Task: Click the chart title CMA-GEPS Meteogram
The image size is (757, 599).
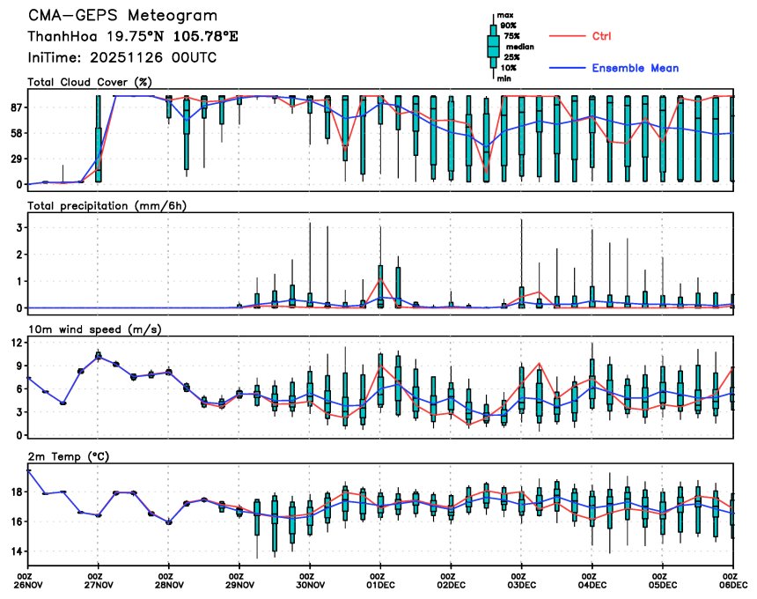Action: [122, 16]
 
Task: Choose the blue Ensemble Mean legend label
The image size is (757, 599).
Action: [635, 68]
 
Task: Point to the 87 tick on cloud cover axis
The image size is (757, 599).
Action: [15, 107]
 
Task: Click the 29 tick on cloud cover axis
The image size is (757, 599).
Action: [15, 159]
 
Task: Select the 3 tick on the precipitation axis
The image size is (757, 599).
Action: [18, 227]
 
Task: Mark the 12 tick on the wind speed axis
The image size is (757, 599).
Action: [15, 342]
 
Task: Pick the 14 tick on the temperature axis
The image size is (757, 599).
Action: [15, 551]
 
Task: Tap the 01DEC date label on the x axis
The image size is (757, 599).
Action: [380, 583]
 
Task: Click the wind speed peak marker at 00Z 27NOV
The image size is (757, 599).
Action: [99, 356]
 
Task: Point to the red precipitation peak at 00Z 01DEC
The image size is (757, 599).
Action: [380, 280]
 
